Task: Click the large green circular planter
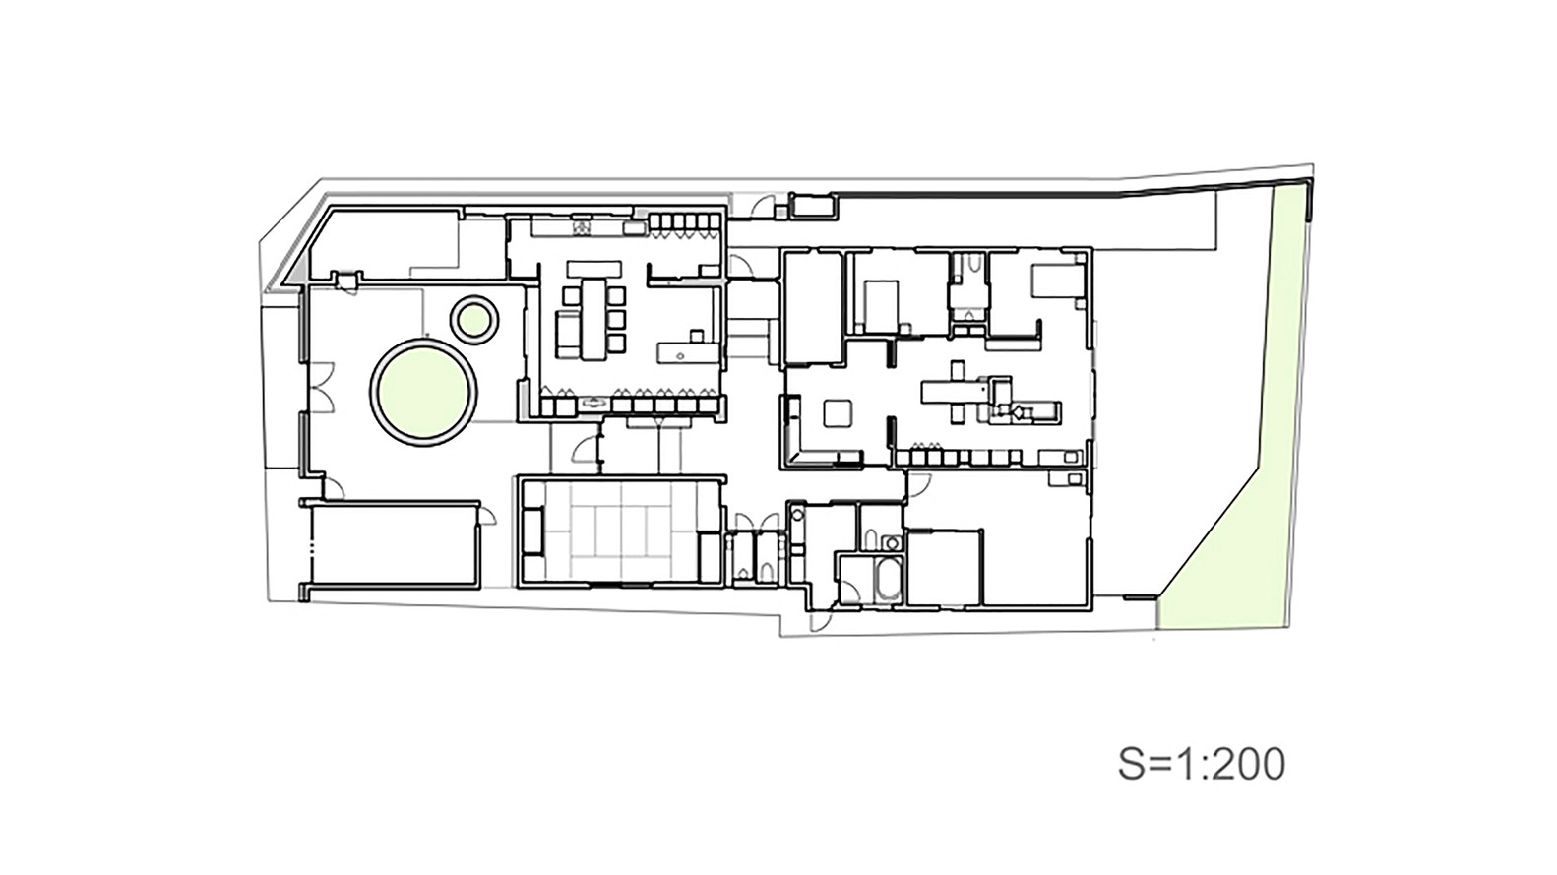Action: [x=423, y=391]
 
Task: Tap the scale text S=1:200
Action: [x=1201, y=764]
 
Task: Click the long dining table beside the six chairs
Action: [x=594, y=318]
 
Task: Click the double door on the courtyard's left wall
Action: [x=320, y=388]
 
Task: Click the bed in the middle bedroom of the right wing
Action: [x=881, y=303]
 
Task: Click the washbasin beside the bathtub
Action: [x=892, y=542]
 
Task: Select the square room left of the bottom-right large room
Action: [x=944, y=568]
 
